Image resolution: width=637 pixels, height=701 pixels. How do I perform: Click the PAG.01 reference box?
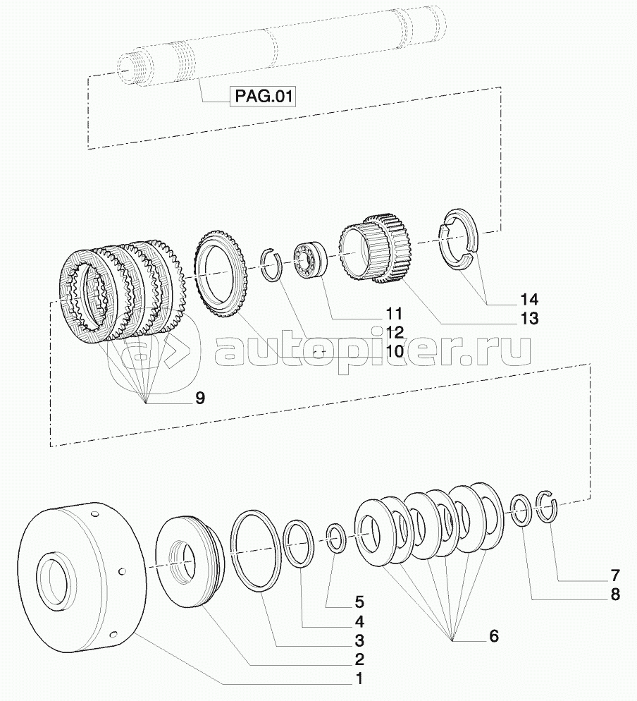[263, 97]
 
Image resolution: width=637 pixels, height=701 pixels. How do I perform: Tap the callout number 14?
[529, 299]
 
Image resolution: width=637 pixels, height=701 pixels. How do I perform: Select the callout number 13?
[529, 319]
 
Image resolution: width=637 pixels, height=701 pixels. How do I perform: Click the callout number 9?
[199, 398]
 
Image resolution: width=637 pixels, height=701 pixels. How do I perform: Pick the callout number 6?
[494, 635]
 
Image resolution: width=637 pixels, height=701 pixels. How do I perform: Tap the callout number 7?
[615, 575]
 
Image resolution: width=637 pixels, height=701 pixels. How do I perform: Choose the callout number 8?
[615, 594]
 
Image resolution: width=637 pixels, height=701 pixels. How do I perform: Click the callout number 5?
[359, 602]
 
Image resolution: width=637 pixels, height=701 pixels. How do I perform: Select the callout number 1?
[359, 678]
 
